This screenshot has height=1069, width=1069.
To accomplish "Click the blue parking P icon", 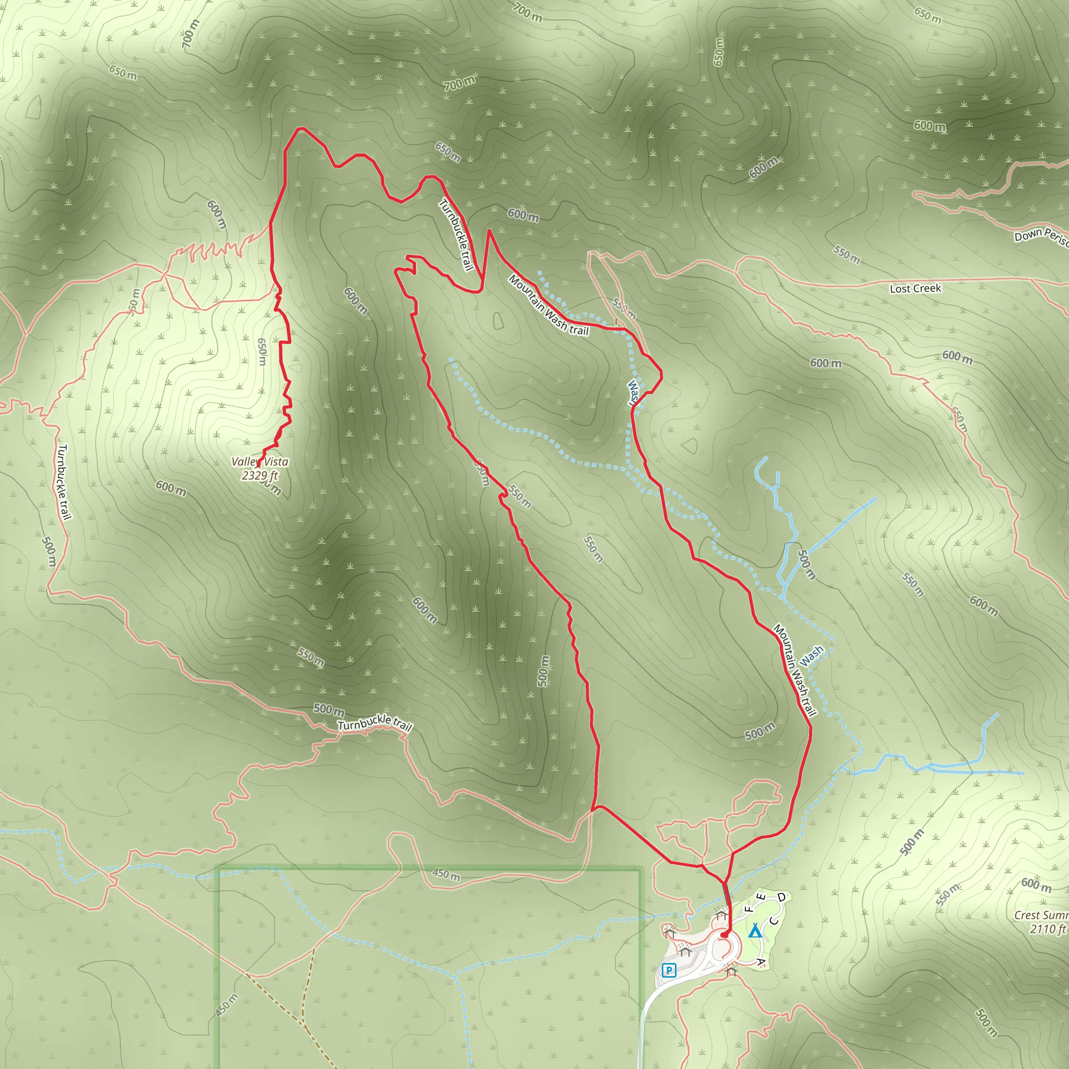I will [670, 970].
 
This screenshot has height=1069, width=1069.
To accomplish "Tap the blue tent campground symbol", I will [754, 931].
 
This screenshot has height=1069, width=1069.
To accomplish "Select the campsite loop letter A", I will [761, 963].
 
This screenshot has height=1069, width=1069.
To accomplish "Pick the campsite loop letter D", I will [781, 897].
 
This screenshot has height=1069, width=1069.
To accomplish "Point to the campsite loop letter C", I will [774, 921].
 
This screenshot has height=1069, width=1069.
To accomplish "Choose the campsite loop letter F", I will [749, 909].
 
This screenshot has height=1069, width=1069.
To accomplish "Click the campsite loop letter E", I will [762, 897].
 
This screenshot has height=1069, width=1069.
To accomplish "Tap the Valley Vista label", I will [259, 461].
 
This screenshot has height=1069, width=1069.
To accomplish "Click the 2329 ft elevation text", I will [259, 475].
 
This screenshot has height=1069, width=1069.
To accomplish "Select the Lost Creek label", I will [915, 288].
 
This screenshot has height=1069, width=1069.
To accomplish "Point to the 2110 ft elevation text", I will [1048, 929].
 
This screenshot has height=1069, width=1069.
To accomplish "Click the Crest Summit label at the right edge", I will [1041, 916].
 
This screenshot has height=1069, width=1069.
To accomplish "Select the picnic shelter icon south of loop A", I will [731, 970].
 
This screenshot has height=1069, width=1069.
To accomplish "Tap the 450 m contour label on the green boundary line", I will [446, 874].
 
